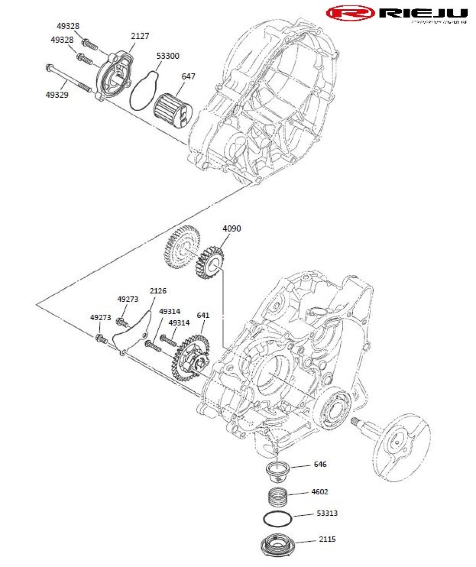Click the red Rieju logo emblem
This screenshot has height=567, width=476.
[351, 13]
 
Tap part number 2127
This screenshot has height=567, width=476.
[140, 36]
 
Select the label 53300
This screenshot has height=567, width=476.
[167, 56]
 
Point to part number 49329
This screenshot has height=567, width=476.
[57, 95]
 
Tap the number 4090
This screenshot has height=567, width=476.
[231, 229]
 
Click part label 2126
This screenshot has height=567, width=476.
[158, 291]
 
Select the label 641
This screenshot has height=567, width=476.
[203, 315]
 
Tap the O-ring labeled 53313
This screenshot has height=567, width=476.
[278, 518]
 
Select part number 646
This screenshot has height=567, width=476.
[320, 464]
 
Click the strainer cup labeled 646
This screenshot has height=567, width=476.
[278, 471]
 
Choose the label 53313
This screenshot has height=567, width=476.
[327, 513]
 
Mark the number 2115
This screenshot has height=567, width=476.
[327, 539]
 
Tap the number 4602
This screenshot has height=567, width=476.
[320, 492]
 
